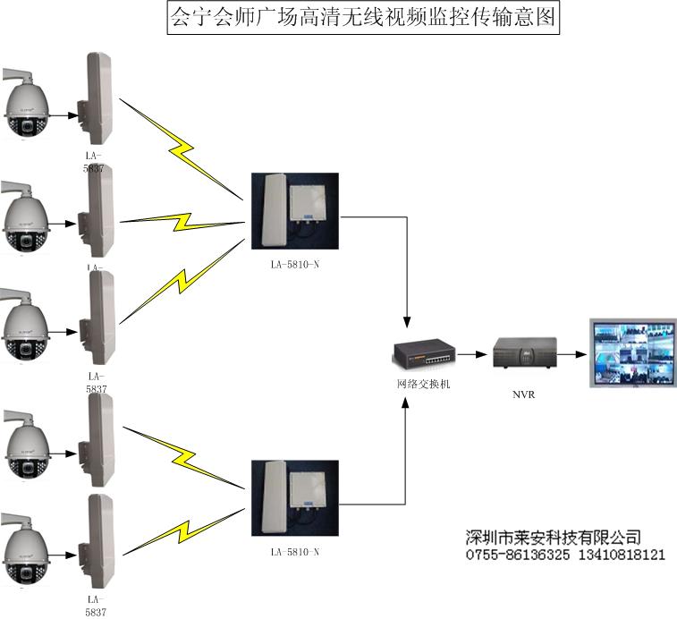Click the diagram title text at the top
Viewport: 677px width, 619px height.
[x=363, y=18]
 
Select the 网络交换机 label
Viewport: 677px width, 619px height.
[x=425, y=385]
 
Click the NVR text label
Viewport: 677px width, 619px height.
[x=523, y=393]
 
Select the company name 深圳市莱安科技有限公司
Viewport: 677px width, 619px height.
[x=554, y=538]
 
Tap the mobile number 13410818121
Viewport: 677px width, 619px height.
[x=617, y=555]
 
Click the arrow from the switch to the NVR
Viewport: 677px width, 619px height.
[x=473, y=354]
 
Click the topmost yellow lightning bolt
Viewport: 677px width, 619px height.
[x=183, y=148]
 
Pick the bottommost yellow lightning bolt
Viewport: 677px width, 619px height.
[x=183, y=529]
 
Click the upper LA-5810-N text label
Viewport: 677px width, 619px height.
[x=295, y=266]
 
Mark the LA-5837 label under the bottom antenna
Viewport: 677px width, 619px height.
[x=96, y=606]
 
